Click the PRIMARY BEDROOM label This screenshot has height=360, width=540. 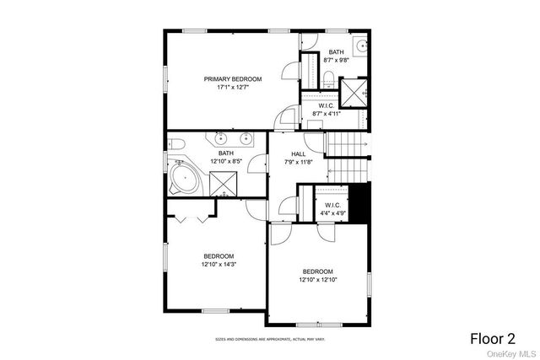point(232,78)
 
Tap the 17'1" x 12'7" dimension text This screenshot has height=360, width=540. point(232,87)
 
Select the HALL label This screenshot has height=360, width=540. point(299,153)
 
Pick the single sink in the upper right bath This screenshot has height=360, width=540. point(360,46)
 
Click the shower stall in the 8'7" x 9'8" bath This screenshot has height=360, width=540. point(353,91)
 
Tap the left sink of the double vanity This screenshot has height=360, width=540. point(220,138)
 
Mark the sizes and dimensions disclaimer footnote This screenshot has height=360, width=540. point(269,339)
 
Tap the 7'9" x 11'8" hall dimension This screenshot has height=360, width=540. point(299,162)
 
